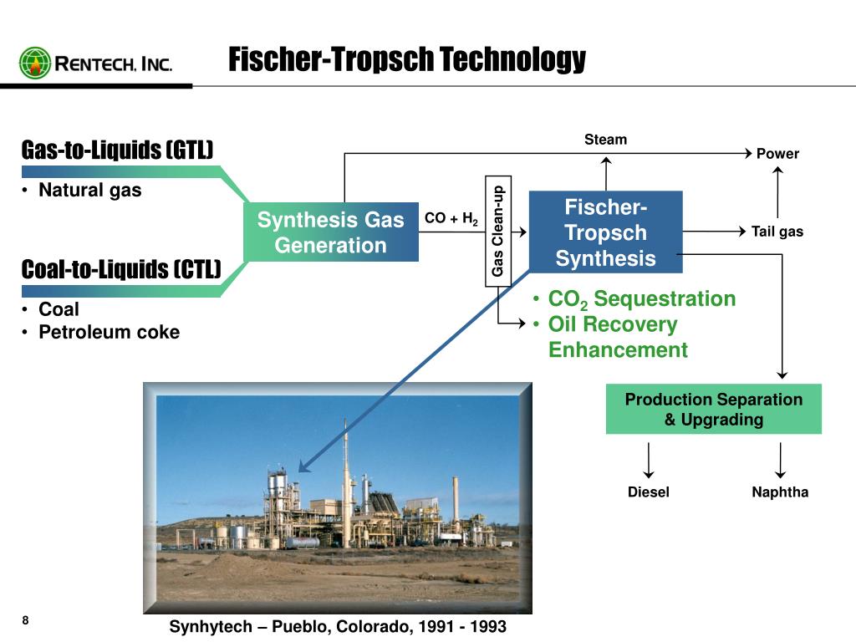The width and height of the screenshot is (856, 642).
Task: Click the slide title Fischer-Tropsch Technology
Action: pos(407,59)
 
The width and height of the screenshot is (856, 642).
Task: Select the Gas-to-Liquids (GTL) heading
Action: pos(117,150)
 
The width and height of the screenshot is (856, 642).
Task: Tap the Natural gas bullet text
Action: pos(90,190)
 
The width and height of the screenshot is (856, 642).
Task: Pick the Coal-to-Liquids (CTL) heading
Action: pos(121,270)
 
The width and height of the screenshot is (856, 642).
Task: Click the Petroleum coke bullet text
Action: pos(109,332)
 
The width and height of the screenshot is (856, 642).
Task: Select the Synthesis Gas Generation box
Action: pos(330,232)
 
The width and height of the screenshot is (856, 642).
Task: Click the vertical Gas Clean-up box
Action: pos(498,232)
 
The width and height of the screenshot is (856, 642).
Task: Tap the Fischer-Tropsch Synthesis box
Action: pos(606,232)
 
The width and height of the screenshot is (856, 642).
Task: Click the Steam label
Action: pos(605,140)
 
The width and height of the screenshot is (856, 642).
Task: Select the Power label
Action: pos(777,154)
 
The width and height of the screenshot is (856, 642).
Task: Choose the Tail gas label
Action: pos(777,232)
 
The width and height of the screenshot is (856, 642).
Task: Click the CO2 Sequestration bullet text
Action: pos(641,299)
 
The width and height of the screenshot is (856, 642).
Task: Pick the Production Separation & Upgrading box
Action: pos(713,409)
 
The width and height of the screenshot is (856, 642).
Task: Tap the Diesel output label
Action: pos(649,492)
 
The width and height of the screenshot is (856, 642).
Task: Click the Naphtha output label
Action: pos(780,492)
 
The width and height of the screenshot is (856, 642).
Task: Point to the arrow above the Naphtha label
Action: pos(780,460)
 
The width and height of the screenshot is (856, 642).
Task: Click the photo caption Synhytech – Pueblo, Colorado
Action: pos(338,626)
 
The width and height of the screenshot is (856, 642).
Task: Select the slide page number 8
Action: pos(25,620)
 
